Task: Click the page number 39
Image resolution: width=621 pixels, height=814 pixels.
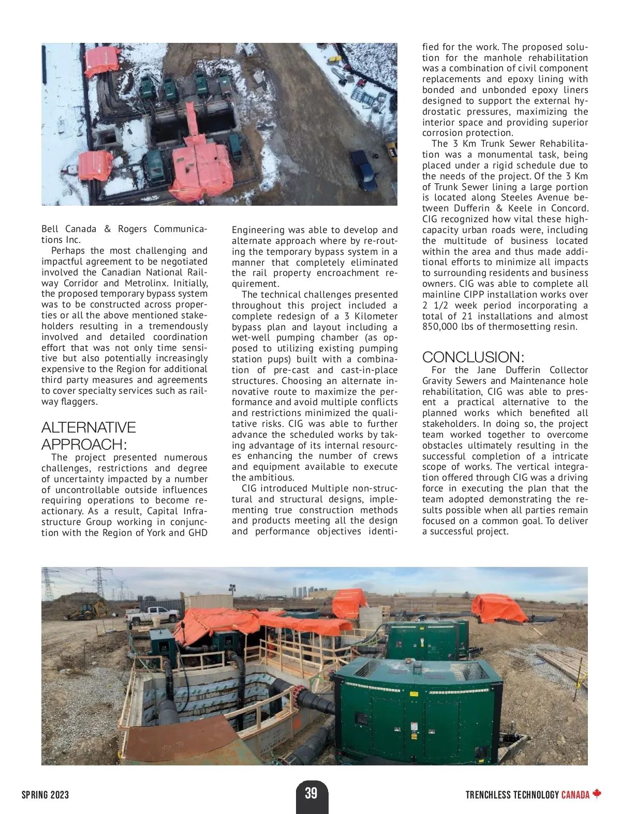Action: click(x=310, y=793)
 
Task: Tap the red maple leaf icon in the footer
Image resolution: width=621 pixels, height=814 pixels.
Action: click(x=597, y=794)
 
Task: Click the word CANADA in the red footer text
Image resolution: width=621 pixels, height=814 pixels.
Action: click(x=575, y=795)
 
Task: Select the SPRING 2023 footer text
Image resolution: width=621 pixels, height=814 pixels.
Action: click(x=45, y=795)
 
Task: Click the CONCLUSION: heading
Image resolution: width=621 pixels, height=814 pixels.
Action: click(x=474, y=357)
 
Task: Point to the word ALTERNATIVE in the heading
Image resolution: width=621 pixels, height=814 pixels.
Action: click(x=88, y=427)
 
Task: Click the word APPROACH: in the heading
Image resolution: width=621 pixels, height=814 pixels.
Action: click(x=84, y=444)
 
